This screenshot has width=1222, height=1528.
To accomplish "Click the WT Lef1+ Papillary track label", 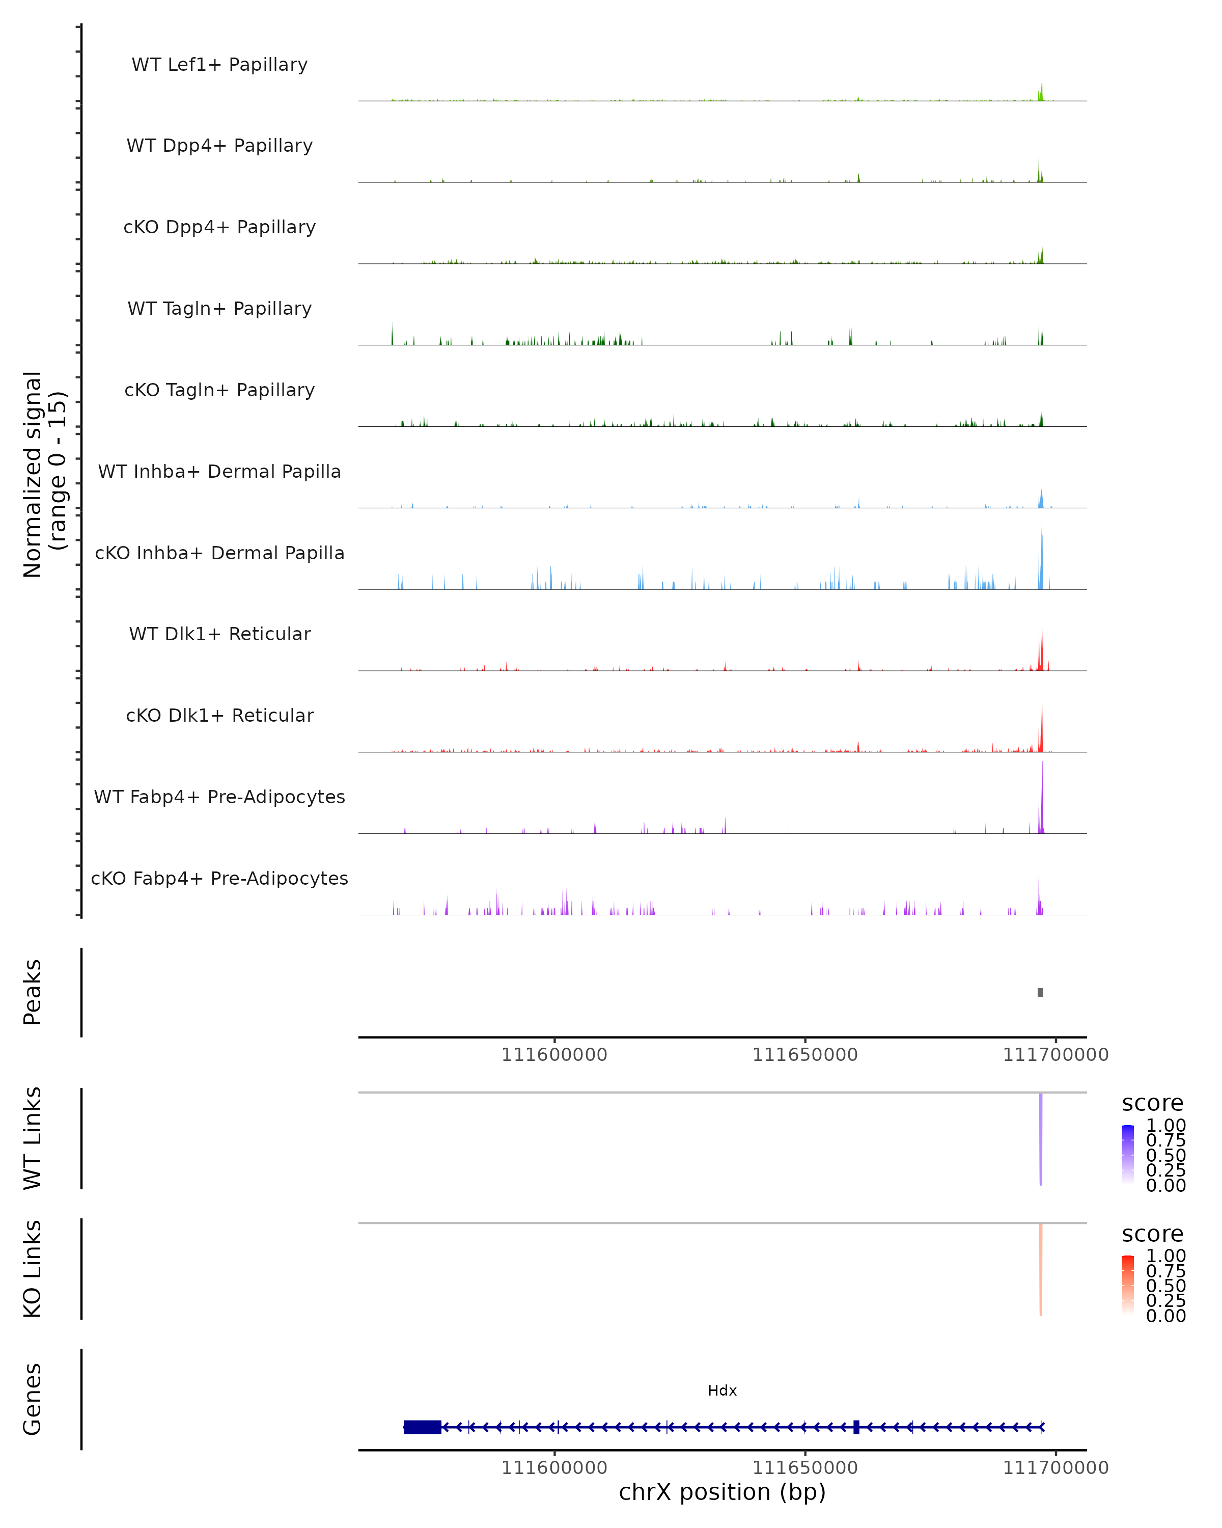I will (x=219, y=65).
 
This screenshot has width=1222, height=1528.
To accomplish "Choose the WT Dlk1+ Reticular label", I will (x=219, y=634).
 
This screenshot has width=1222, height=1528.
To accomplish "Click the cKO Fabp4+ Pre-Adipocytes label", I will (x=219, y=878).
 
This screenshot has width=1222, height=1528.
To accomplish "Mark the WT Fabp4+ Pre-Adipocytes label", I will (x=219, y=797).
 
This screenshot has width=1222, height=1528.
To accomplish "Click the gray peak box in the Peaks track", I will (x=1040, y=992).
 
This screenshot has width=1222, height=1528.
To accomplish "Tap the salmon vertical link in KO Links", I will (x=1041, y=1269).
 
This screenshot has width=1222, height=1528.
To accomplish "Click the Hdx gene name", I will (x=722, y=1390).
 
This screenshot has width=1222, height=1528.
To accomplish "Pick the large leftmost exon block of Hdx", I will (x=422, y=1427).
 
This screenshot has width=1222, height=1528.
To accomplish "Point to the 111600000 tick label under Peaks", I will (x=554, y=1055).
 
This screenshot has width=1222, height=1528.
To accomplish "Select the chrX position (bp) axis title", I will (x=722, y=1492).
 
